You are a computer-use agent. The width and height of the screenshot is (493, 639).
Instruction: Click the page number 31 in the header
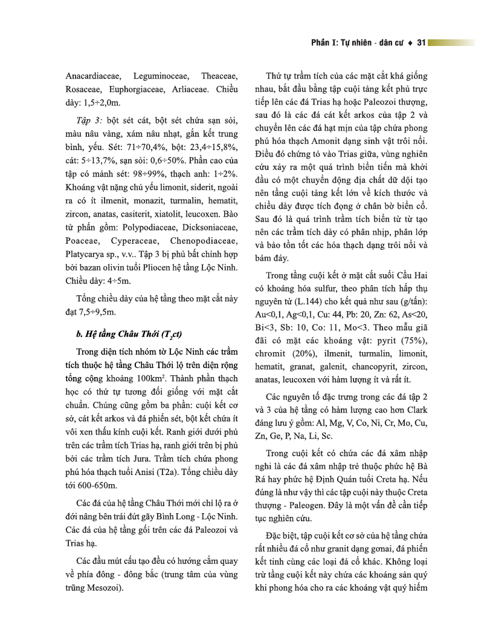click(422, 43)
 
